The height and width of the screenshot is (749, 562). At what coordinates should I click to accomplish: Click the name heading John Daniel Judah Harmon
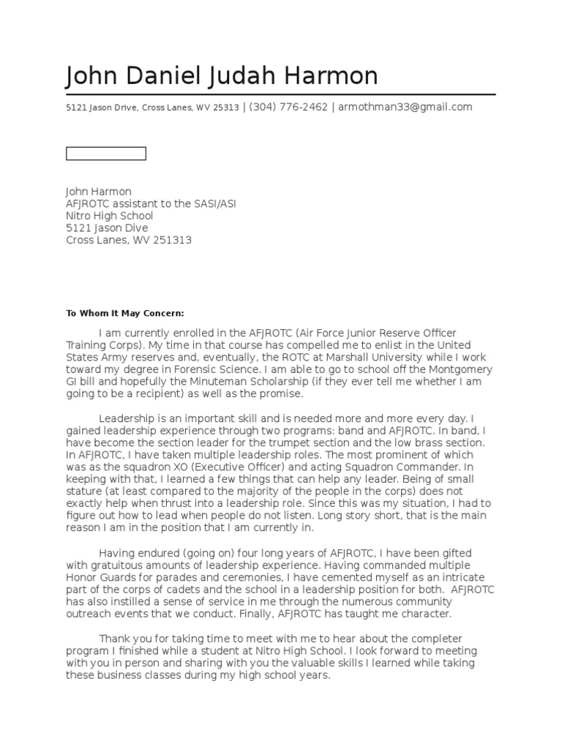[x=222, y=76]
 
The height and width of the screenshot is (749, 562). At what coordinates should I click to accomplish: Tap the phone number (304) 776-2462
[x=288, y=107]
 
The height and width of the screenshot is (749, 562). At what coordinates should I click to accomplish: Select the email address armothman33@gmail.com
[x=405, y=107]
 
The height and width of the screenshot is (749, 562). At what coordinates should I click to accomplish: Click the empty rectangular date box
[x=106, y=154]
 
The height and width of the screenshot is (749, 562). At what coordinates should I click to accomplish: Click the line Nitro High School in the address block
[x=110, y=216]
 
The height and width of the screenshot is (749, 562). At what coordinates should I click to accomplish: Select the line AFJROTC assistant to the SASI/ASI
[x=151, y=204]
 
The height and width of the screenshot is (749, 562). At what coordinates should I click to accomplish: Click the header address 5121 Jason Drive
[x=100, y=108]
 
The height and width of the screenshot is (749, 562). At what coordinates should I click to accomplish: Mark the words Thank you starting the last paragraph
[x=122, y=639]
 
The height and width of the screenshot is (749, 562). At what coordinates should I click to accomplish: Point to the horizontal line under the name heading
[x=280, y=94]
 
